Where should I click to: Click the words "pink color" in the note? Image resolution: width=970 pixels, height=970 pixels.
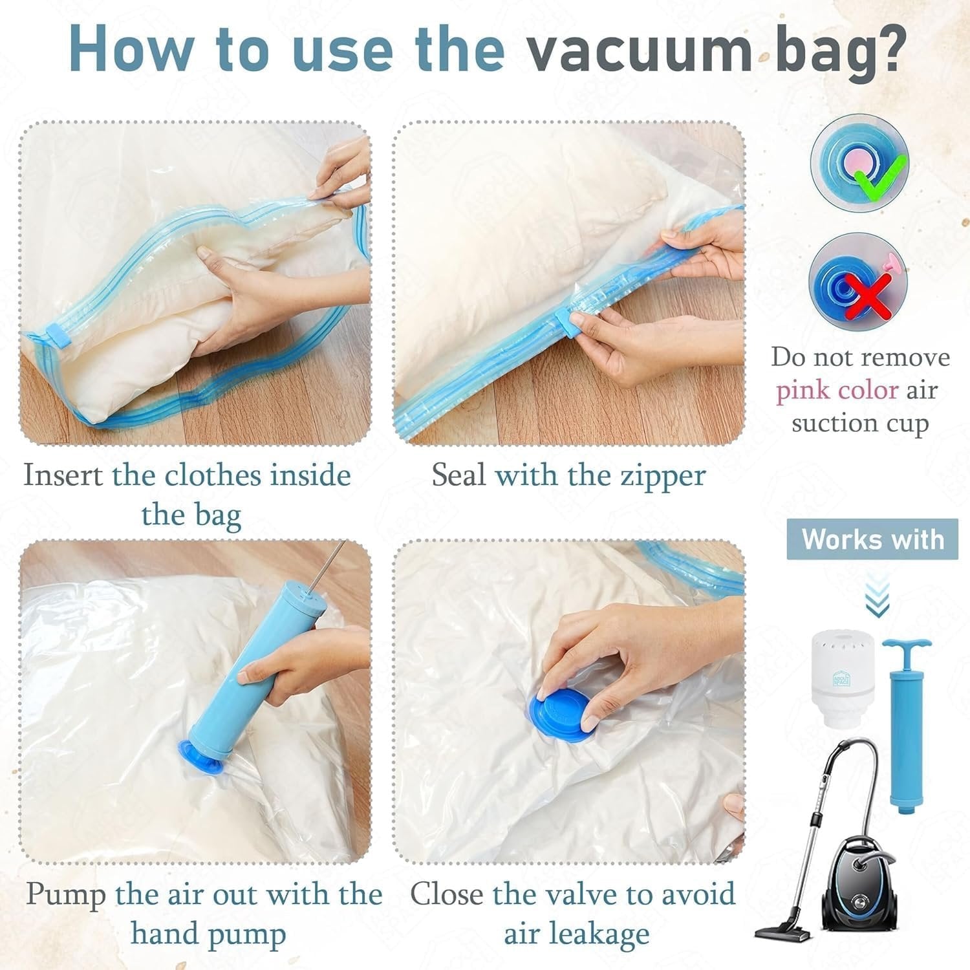[837, 391]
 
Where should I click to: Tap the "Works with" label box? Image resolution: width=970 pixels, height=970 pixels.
[872, 539]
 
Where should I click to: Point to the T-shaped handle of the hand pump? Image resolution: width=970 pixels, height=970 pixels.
[907, 647]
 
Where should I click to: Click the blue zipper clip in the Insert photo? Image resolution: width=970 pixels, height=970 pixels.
[57, 338]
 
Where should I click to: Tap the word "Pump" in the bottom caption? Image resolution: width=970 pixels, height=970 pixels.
[66, 895]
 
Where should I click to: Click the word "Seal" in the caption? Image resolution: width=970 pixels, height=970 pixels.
[458, 476]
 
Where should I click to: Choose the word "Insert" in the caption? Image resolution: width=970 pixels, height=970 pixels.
[63, 476]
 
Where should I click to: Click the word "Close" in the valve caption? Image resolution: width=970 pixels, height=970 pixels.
[447, 895]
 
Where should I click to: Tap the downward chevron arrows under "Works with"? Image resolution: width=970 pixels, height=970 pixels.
[877, 599]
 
